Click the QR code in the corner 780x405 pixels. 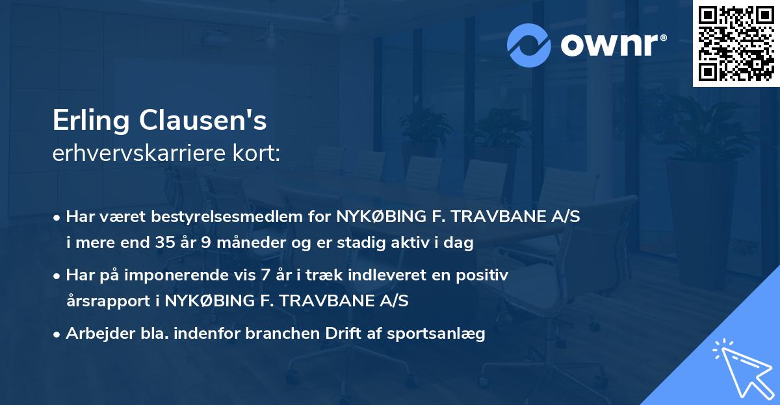736,43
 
